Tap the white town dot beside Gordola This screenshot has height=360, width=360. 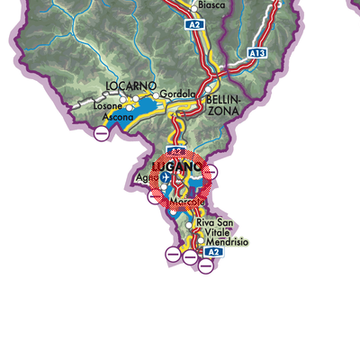point(156,95)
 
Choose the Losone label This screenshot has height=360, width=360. point(107,105)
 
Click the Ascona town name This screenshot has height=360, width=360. point(117,117)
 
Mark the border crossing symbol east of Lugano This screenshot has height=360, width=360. point(211,171)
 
